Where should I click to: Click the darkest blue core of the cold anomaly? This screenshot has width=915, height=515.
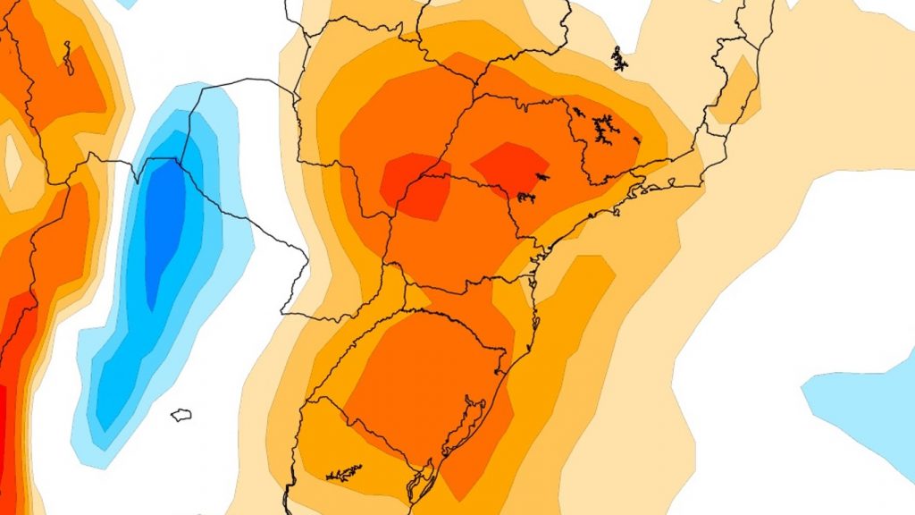point(164,224)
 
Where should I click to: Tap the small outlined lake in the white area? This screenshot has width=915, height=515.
point(181,415)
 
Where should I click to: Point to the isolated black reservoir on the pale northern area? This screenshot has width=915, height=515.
point(619,58)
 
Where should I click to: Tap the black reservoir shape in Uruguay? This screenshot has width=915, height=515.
point(344,473)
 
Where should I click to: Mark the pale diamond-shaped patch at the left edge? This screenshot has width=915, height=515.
point(13,158)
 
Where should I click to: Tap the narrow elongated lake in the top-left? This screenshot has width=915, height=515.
point(67,57)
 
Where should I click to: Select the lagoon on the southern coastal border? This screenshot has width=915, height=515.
point(418,483)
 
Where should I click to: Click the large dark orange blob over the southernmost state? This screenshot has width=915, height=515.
point(420,376)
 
